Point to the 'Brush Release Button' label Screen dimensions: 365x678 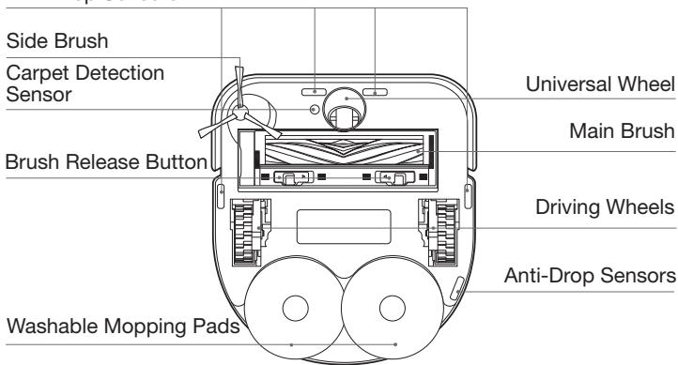point(105,161)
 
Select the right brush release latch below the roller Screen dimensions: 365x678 point(388,177)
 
